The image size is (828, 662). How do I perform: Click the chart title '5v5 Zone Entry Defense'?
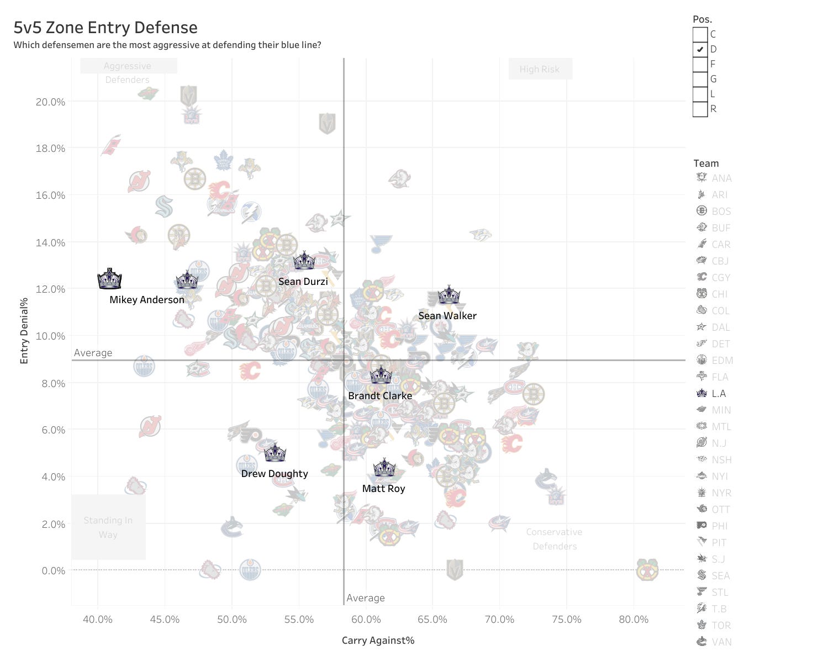coord(106,28)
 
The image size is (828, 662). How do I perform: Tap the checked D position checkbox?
coord(700,49)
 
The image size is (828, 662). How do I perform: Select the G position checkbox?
coord(700,79)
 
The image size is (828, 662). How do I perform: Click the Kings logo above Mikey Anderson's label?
coord(109,279)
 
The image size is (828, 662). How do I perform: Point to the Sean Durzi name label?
coord(303,282)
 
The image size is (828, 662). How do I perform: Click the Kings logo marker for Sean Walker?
coord(449,295)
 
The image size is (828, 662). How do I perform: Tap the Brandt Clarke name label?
coord(380,396)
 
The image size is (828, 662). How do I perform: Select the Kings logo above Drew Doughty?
coord(275,453)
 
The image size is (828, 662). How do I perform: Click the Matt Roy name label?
coord(383,489)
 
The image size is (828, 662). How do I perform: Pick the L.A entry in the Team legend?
coord(718,394)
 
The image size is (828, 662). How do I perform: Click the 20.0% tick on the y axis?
coord(50,102)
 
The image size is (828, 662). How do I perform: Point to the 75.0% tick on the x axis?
coord(566,619)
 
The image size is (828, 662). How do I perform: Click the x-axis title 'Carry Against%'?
coord(378,640)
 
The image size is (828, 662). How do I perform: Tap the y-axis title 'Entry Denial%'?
coord(24,331)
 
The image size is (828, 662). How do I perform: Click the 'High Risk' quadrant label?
coord(540,70)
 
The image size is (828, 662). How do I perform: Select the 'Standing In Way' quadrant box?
coord(108,527)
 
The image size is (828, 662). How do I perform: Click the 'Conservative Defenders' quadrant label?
coord(554,539)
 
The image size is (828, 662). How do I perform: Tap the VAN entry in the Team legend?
coord(721,642)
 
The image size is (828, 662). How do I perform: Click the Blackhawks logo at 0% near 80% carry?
coord(647,570)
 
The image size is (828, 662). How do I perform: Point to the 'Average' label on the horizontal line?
coord(93,353)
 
